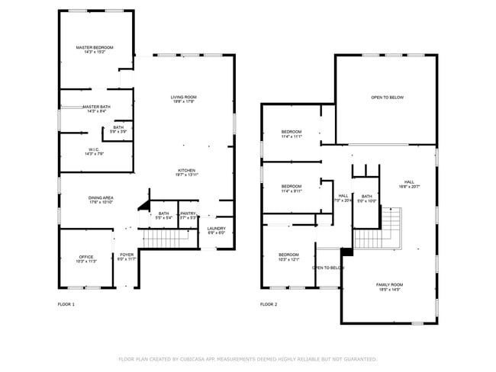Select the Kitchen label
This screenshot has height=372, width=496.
tap(187, 172)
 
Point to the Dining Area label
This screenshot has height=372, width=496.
tap(101, 200)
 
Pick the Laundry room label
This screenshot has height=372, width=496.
tap(216, 230)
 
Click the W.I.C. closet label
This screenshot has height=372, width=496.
tap(95, 151)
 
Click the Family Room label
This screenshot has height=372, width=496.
tap(389, 287)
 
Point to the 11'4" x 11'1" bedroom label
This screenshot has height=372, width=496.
tap(291, 134)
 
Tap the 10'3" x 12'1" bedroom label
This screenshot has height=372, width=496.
tap(288, 257)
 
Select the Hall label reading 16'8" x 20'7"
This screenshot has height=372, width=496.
tap(409, 184)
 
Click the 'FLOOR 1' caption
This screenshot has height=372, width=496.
tap(66, 304)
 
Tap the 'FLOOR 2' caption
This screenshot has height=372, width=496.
tap(268, 304)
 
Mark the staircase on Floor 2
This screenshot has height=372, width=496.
tap(390, 226)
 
